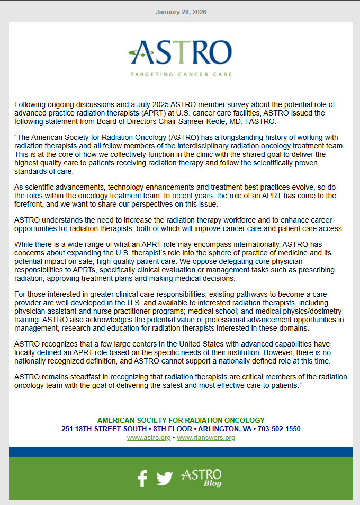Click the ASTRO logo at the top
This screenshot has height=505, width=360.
tap(181, 51)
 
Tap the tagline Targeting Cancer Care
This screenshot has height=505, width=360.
tap(181, 75)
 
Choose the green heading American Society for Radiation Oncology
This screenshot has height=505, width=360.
tap(181, 420)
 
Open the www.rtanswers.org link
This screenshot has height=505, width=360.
tap(206, 438)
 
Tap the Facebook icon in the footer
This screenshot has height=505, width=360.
tap(142, 479)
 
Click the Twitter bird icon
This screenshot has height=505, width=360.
tap(165, 479)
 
